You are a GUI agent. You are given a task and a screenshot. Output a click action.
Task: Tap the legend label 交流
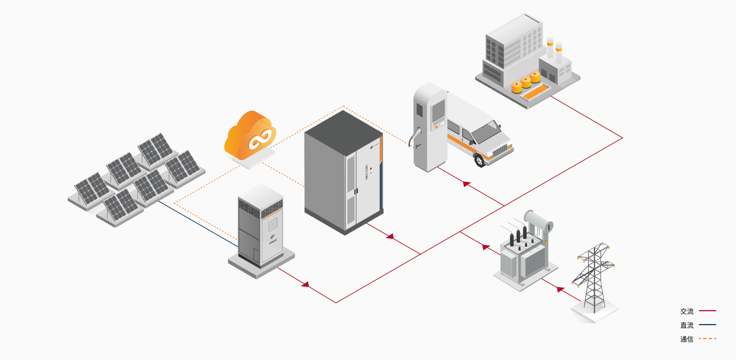(687, 311)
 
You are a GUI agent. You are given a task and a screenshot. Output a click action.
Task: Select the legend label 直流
(687, 325)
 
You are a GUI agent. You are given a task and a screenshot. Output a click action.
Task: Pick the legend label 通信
(687, 339)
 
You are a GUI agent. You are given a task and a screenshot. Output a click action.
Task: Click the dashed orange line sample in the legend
(708, 339)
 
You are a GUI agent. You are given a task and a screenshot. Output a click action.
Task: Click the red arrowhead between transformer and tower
(560, 289)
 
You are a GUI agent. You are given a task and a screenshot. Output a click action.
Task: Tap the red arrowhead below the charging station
(466, 184)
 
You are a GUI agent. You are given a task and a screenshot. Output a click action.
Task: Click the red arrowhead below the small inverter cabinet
(306, 284)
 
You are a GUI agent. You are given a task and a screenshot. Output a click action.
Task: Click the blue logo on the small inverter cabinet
(273, 237)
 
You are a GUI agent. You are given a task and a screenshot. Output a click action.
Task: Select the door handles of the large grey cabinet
(356, 191)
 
